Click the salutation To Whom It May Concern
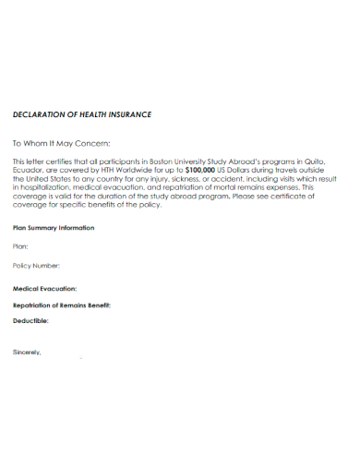[x=61, y=143]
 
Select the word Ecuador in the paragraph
[x=28, y=171]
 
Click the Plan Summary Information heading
[x=53, y=227]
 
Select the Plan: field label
[x=20, y=246]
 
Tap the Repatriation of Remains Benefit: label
[x=61, y=305]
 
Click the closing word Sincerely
[x=27, y=352]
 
